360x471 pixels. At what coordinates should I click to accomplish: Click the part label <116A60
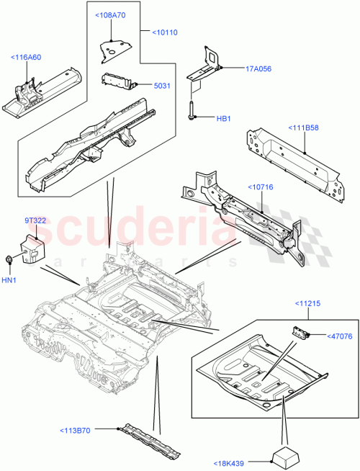(x=25, y=57)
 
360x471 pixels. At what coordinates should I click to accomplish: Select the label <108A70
(x=110, y=14)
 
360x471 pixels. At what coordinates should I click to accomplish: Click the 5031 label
(x=162, y=85)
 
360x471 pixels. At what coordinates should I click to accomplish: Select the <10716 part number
(x=263, y=187)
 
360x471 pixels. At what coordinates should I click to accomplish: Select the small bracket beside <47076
(x=300, y=331)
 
